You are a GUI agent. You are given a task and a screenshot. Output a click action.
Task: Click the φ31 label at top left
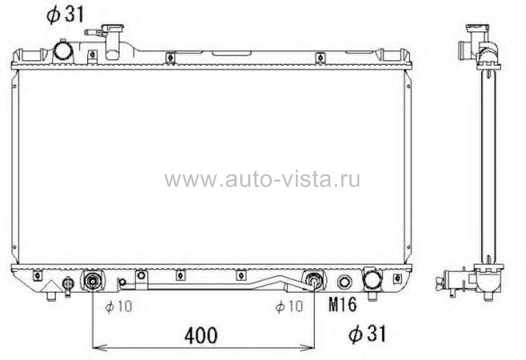65,14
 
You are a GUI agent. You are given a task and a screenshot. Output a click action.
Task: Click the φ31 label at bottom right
367,334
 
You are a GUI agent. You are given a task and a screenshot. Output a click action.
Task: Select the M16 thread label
343,305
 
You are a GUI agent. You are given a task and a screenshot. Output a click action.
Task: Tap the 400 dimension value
201,335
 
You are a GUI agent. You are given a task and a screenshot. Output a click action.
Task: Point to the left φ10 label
118,307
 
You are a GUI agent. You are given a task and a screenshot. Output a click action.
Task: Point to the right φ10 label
289,307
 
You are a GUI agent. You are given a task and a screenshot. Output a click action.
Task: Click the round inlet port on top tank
63,50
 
